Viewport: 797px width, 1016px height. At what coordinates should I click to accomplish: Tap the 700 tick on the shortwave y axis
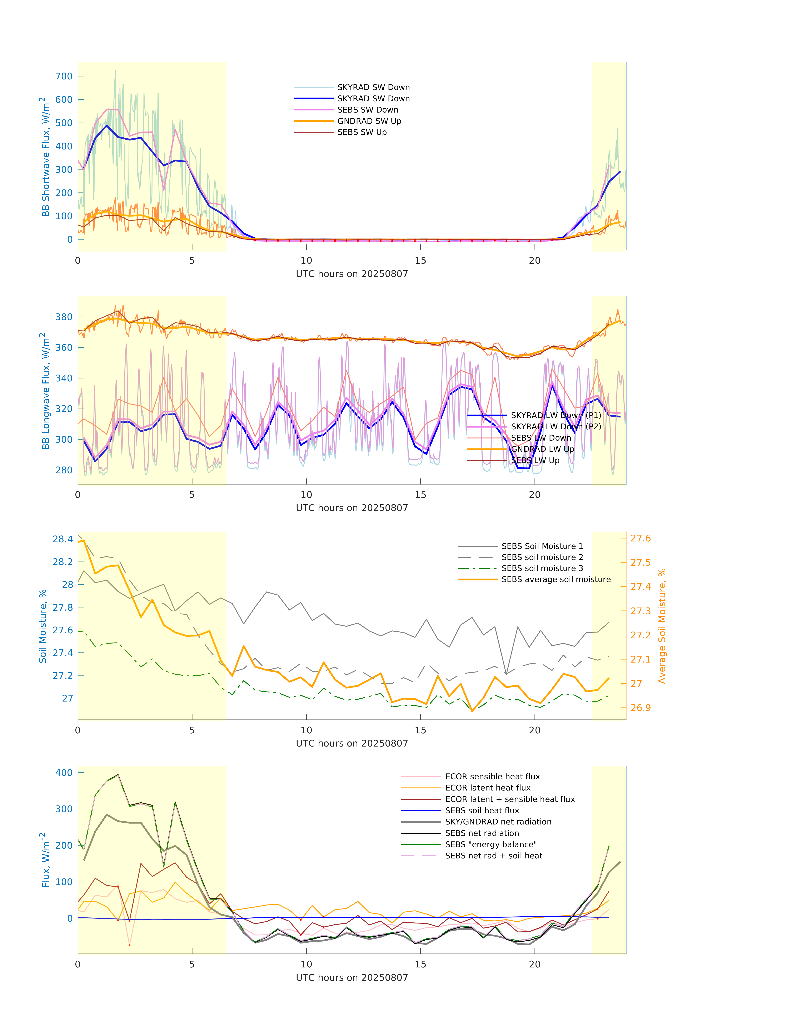[64, 76]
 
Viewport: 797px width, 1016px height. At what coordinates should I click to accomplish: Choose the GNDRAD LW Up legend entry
[542, 449]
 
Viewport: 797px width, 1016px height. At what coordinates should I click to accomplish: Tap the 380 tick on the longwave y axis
[64, 317]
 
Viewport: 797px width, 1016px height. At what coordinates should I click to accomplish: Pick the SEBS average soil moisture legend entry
[556, 579]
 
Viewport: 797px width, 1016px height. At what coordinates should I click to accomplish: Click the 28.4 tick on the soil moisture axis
[63, 539]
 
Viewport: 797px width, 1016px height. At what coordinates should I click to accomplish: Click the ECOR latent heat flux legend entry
[488, 788]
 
